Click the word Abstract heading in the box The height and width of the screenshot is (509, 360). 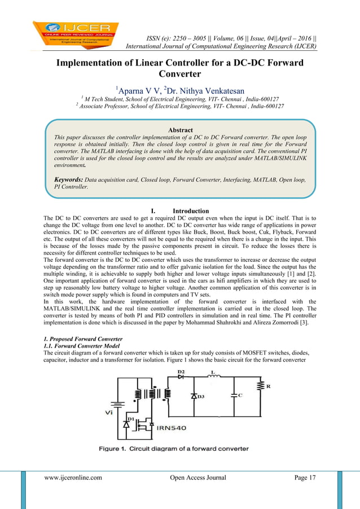coord(180,130)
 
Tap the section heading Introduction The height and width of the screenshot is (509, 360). coord(190,211)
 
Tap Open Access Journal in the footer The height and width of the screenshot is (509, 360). coord(197,478)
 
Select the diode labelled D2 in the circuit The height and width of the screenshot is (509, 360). coord(182,376)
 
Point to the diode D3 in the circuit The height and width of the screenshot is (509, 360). coord(195,397)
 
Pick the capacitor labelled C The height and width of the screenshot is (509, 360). coord(234,396)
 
